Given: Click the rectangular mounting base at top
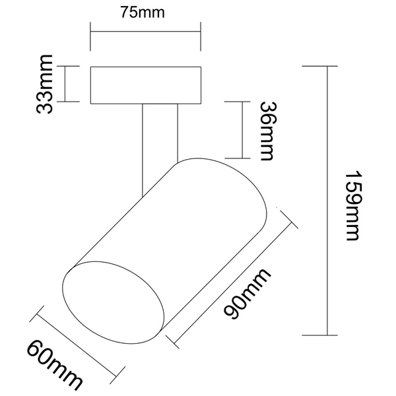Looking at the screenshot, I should [145, 84].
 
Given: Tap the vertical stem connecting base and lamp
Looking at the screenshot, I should [159, 132].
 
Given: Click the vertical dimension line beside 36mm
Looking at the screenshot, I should [244, 130].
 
